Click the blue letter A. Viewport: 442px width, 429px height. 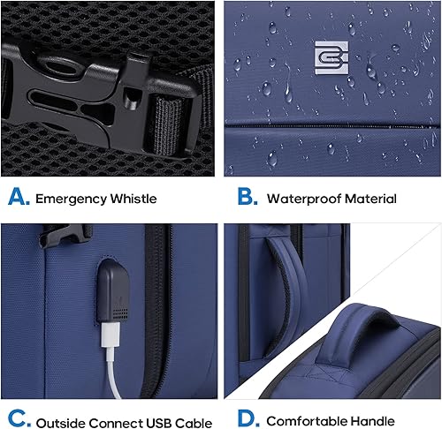18,197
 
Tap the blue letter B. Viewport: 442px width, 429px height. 247,197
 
